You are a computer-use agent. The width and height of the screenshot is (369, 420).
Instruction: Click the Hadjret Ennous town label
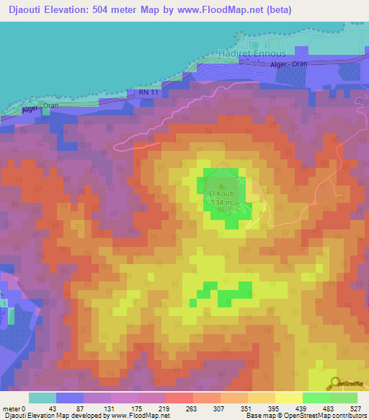coord(252,53)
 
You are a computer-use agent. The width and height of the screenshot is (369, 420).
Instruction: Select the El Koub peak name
coord(219,193)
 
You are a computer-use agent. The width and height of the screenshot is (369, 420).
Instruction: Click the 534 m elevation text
coord(220,202)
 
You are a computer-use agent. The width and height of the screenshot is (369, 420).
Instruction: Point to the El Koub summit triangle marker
coord(220,185)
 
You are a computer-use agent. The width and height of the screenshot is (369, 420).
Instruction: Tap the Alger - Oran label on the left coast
coord(40,107)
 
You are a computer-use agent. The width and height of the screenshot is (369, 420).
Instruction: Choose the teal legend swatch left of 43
coord(43,398)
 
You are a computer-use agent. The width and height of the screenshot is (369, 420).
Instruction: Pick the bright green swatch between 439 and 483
coord(316,398)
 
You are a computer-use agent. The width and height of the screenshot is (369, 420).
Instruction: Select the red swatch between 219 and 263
coord(179,398)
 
